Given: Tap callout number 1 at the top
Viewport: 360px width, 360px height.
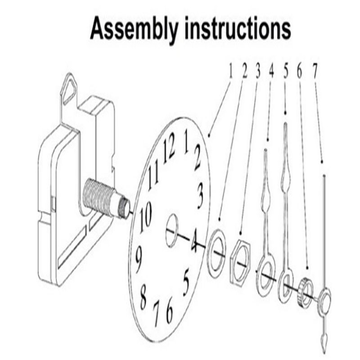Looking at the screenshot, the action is (x=230, y=71).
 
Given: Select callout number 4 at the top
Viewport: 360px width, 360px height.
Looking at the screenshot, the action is (x=271, y=71).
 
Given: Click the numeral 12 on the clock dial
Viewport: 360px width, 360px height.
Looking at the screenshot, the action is (x=169, y=150).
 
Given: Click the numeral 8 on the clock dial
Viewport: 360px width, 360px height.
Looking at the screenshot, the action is (x=143, y=296).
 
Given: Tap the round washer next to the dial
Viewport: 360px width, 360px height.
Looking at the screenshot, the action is (x=216, y=252).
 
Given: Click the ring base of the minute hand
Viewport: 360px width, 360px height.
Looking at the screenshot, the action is (x=285, y=285).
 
